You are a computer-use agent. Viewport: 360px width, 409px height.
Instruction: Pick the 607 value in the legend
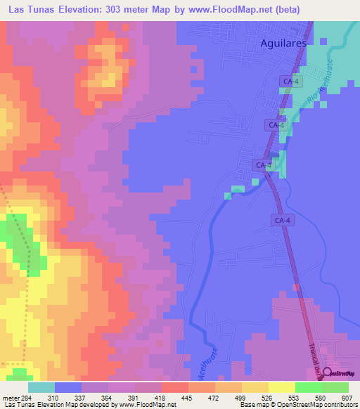(345, 398)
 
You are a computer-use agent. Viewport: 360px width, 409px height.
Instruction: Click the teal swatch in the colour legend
(41, 387)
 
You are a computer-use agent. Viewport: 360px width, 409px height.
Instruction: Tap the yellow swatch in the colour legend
(282, 387)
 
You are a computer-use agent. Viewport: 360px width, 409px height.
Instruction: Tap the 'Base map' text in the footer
(253, 405)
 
